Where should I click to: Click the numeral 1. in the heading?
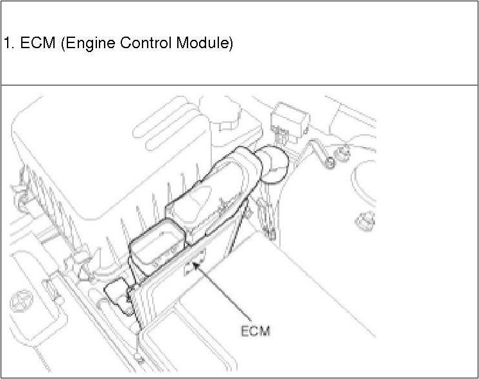8,44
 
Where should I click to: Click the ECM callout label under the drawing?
255,331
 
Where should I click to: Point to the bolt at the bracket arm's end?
329,162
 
